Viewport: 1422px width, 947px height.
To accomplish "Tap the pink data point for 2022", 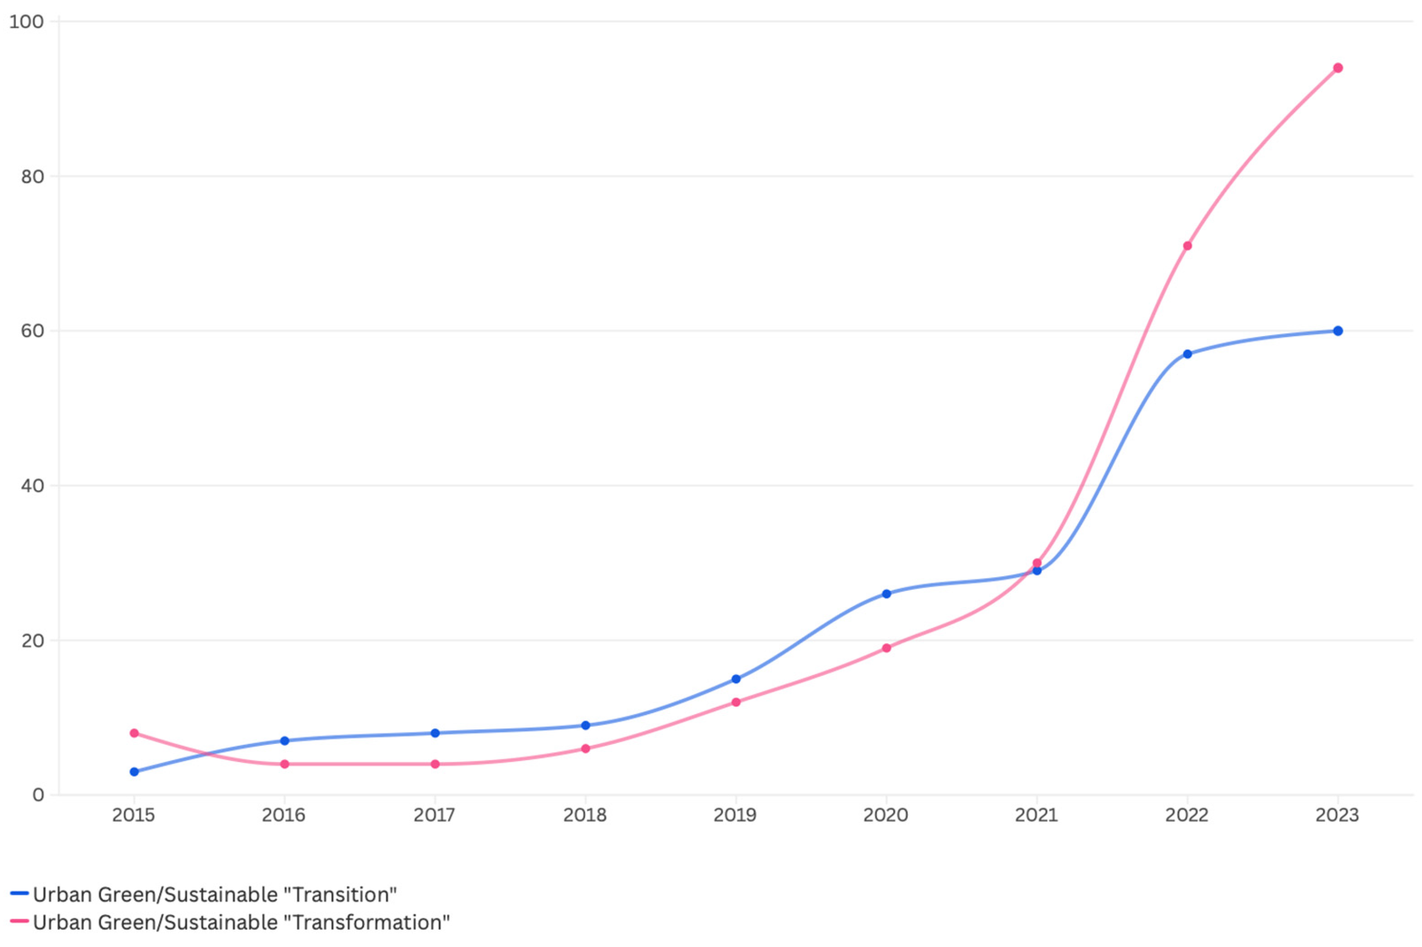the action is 1187,246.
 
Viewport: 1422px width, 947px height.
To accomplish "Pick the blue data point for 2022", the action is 1187,354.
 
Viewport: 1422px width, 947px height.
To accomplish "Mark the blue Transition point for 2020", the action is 886,594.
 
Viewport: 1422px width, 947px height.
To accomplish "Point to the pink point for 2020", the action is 886,648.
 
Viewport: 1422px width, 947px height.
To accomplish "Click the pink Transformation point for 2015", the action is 134,733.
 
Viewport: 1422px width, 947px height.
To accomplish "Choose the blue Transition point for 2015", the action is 134,772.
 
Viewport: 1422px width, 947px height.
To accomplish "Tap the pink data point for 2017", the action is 435,764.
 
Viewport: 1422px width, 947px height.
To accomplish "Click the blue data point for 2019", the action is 736,679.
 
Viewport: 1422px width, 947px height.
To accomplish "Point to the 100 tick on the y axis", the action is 26,22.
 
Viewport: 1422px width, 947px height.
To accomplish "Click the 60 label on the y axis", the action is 33,331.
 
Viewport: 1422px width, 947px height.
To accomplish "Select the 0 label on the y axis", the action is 39,795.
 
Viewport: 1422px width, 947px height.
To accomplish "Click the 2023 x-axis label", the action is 1337,816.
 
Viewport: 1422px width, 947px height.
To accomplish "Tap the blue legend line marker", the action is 19,893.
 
